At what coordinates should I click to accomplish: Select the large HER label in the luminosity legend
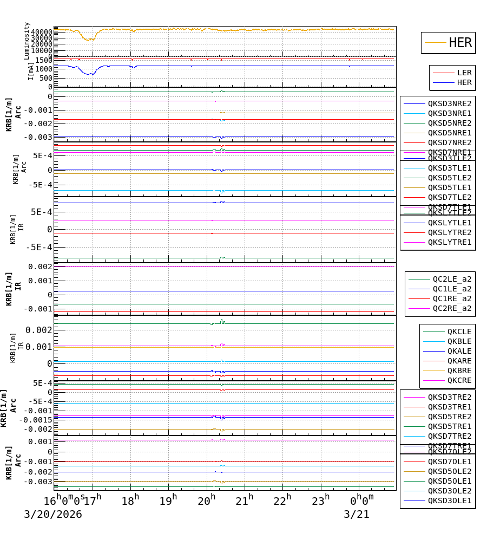460,43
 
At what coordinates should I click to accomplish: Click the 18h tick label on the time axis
130,501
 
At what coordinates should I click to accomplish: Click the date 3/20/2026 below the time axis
52,515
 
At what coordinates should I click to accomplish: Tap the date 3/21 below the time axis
356,515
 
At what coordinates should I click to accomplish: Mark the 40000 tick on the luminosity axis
41,32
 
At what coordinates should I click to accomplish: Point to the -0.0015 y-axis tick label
36,420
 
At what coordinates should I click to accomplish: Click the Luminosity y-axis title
27,40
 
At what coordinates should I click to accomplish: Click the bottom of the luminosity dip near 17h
89,40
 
